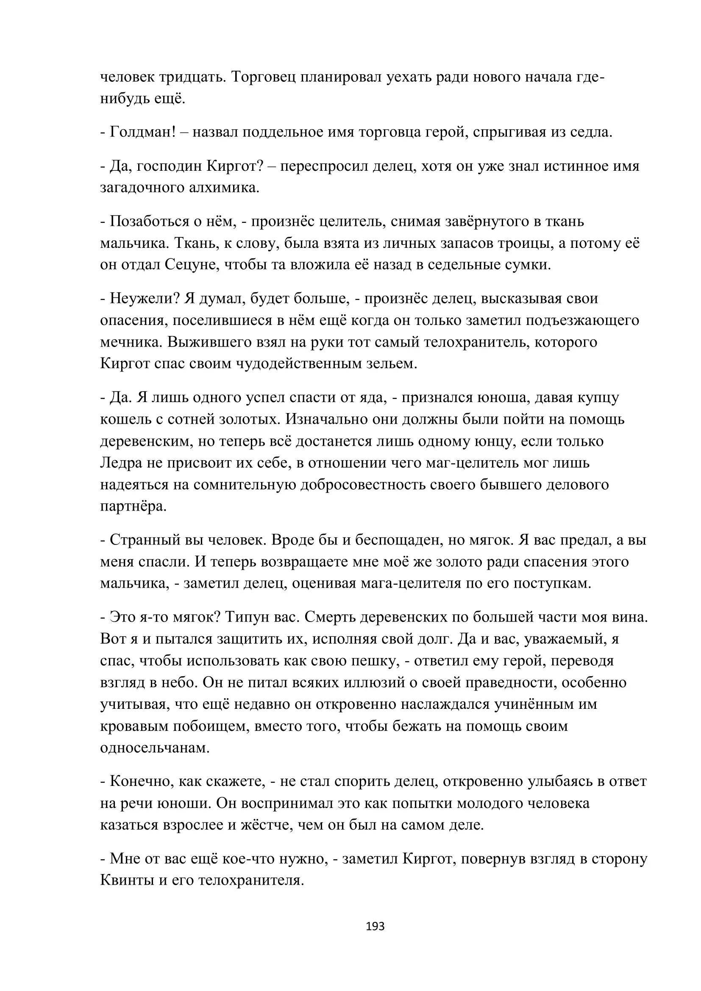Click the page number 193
[x=375, y=926]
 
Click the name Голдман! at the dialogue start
[x=143, y=132]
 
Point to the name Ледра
[x=121, y=463]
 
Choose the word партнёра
[x=133, y=506]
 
